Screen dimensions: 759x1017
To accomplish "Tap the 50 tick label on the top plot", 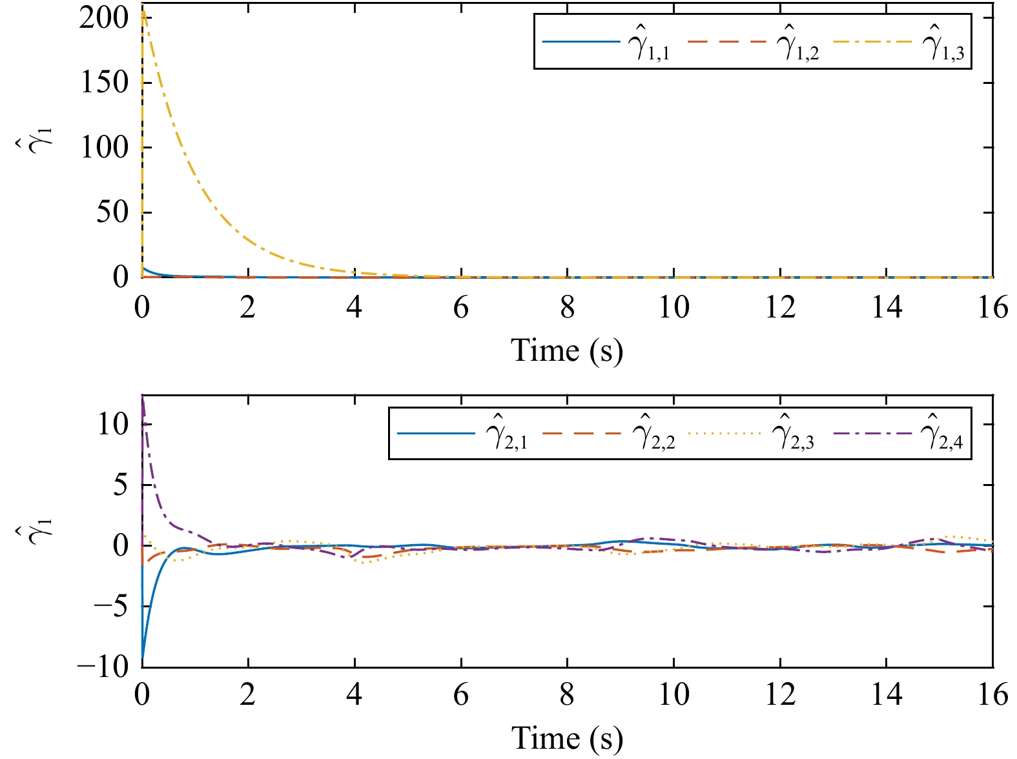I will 112,212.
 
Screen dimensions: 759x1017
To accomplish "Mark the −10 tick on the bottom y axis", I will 103,667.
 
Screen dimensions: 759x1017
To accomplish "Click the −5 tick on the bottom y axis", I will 111,606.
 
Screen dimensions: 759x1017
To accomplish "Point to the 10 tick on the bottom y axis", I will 113,425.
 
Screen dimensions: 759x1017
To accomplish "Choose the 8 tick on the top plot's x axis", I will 567,307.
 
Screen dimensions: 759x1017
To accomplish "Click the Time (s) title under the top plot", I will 567,350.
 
